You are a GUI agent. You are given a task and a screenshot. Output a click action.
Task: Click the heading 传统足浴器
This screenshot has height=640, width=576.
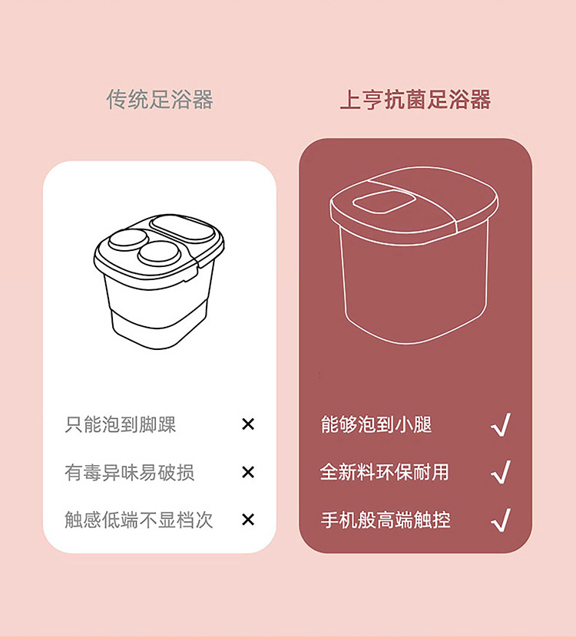(160, 99)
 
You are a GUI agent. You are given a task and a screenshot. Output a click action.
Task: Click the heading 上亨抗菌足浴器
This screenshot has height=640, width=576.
(415, 100)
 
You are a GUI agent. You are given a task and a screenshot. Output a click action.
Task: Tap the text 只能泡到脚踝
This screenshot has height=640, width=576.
(120, 424)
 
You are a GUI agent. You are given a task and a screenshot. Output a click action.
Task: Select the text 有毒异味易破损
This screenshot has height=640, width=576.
(129, 472)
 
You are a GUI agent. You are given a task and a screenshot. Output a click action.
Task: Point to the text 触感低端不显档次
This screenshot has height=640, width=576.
(138, 520)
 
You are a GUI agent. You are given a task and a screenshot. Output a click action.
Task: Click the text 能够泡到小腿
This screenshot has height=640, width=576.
(376, 424)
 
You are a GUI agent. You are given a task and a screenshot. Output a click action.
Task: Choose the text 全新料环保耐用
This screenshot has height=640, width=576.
(385, 472)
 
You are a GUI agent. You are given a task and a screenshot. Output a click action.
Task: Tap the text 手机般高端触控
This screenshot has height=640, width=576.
(386, 520)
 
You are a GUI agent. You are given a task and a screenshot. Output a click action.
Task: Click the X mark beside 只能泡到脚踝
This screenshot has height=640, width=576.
(248, 424)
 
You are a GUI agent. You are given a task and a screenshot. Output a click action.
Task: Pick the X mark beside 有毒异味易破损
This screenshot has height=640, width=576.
(248, 472)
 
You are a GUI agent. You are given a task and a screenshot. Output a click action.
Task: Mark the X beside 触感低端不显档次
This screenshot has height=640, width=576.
(248, 520)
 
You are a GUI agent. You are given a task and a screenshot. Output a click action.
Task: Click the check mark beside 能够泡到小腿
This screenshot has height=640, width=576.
(501, 424)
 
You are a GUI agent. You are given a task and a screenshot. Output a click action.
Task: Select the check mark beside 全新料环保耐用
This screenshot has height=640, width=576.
(501, 472)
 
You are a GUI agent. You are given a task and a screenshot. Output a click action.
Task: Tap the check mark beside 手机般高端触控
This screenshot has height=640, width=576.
(501, 520)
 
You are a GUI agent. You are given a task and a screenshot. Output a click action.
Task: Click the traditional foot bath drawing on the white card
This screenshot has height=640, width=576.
(159, 282)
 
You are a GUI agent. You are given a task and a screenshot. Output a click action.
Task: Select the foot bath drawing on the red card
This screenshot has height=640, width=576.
(414, 255)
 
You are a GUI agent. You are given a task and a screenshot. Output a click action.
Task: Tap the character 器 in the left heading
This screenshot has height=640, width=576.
(203, 99)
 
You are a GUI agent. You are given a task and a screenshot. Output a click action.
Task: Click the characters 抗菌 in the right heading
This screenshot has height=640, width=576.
(405, 100)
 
